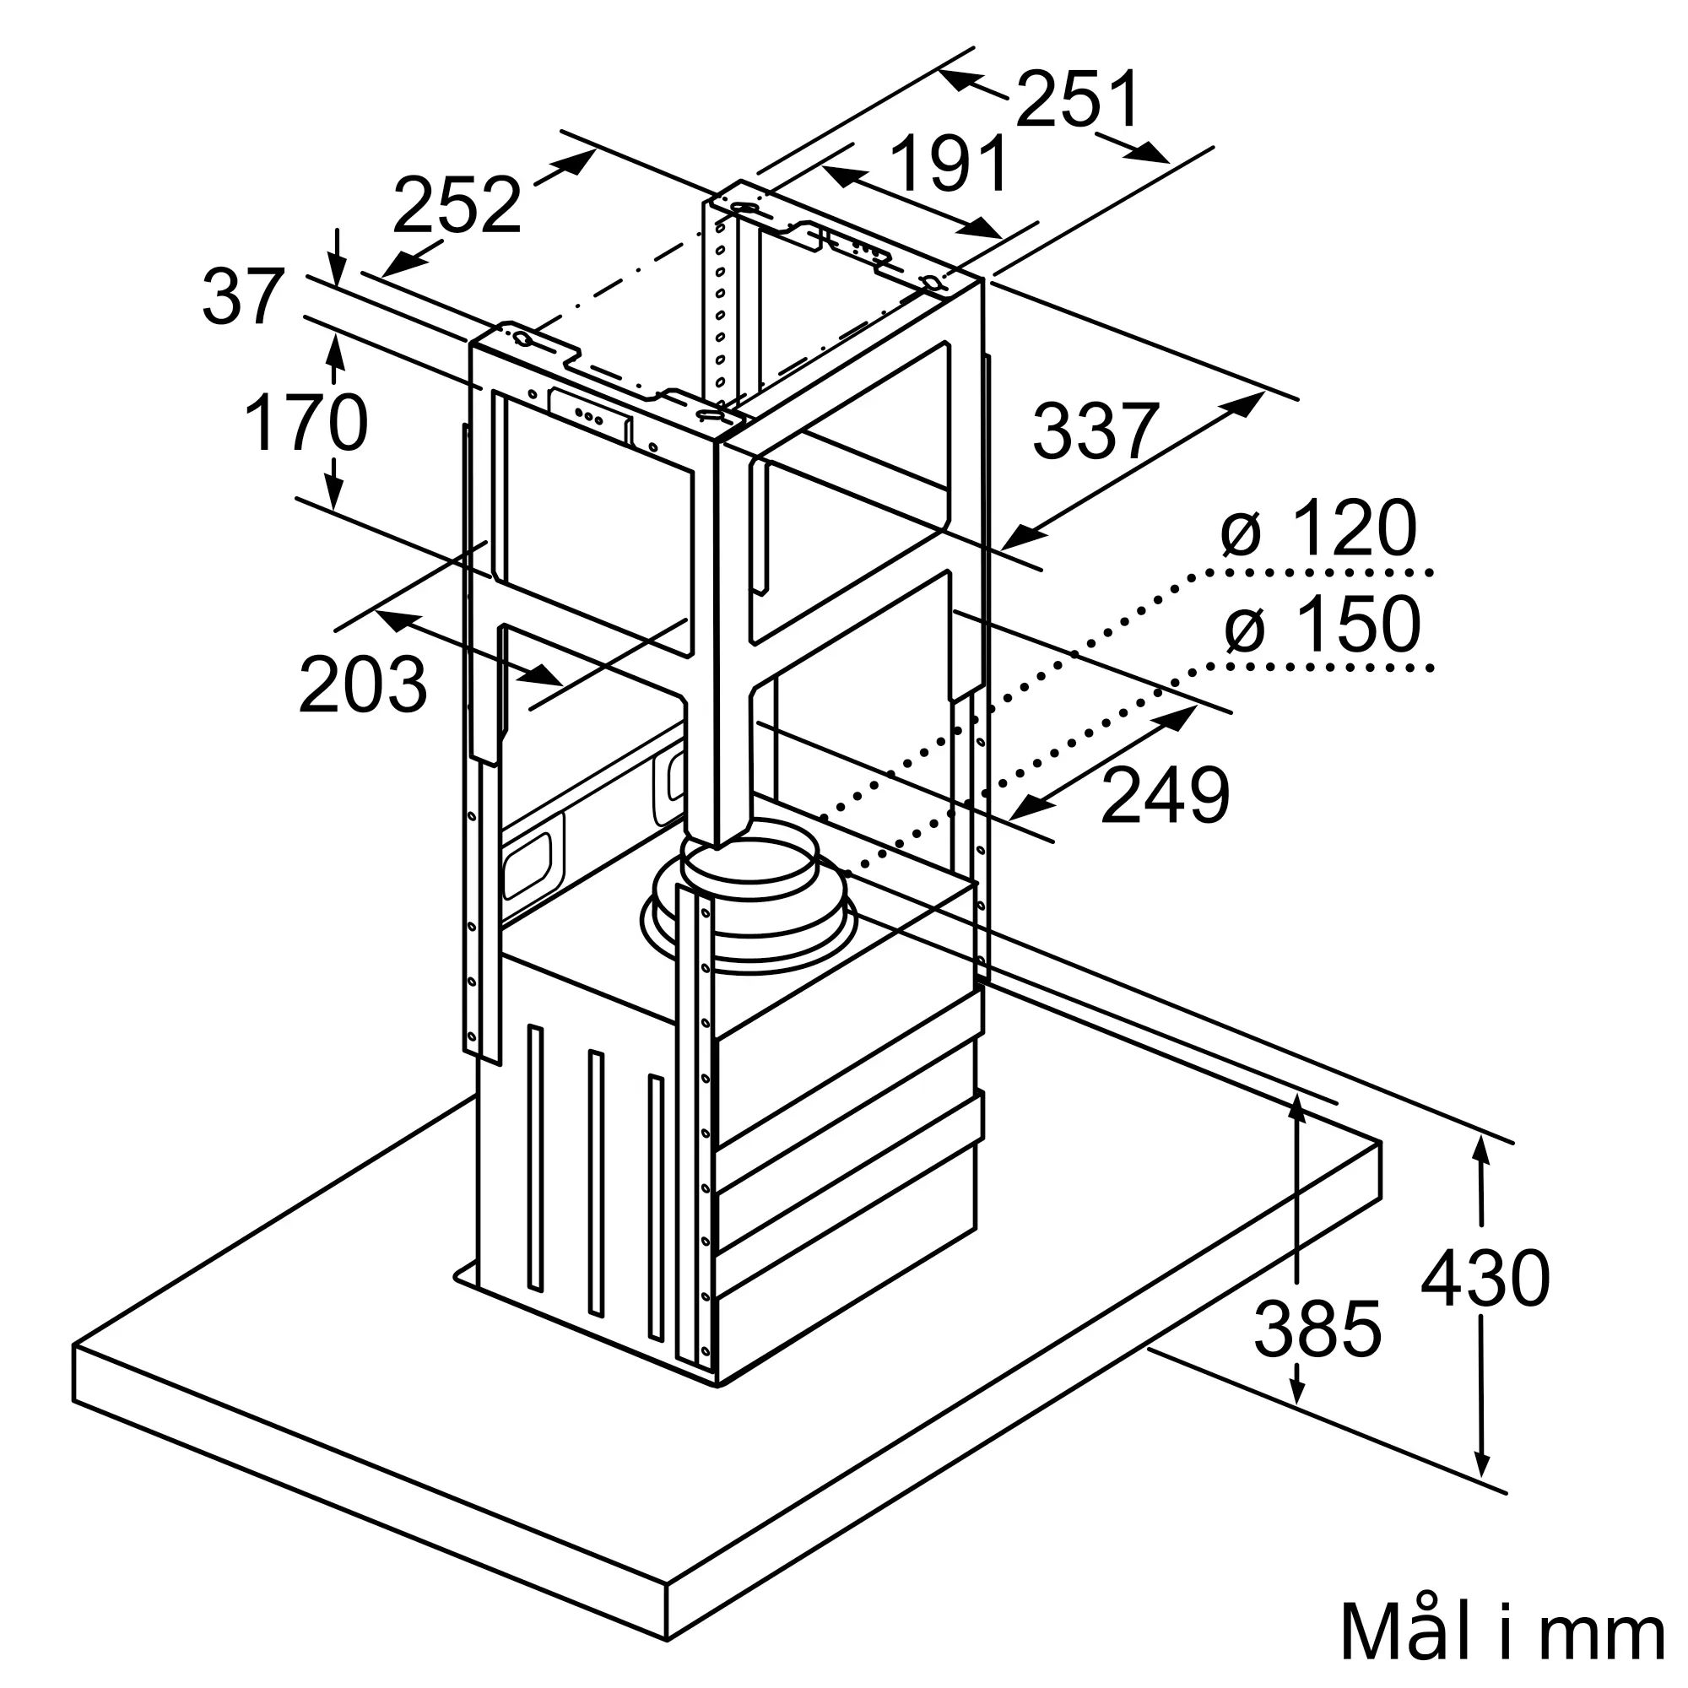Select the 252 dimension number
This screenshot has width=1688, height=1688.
(x=456, y=206)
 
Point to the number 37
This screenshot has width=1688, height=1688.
(x=243, y=298)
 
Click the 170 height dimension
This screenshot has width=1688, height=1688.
(x=306, y=424)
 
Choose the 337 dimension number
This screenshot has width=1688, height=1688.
(x=1096, y=430)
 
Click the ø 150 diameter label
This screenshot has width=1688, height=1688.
(x=1323, y=624)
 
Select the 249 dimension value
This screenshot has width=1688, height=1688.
(x=1165, y=796)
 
